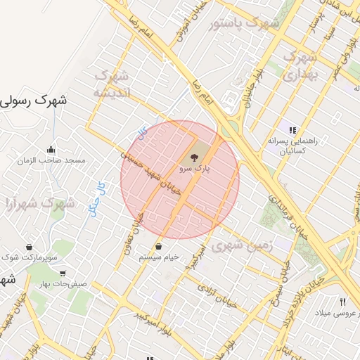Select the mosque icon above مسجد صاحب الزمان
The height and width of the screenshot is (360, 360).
(51, 149)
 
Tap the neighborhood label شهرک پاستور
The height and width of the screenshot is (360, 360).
(244, 24)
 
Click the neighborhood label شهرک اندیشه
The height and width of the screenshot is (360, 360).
(110, 84)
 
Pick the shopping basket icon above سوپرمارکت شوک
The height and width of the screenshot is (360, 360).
(29, 247)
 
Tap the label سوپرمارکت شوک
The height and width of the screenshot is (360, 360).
(29, 258)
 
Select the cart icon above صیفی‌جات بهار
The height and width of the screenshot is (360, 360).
(63, 274)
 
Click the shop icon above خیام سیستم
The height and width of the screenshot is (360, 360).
(158, 247)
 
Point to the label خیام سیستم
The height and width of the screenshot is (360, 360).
(158, 257)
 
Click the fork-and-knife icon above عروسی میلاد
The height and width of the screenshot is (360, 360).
(342, 301)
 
